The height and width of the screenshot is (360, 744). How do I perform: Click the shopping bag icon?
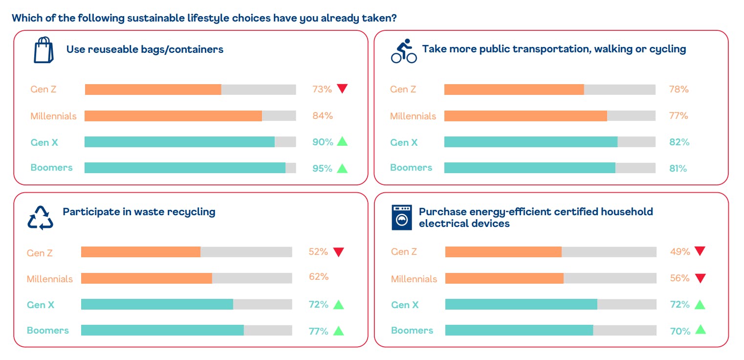pyautogui.click(x=43, y=50)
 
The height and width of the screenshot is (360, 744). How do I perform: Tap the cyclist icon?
pyautogui.click(x=404, y=51)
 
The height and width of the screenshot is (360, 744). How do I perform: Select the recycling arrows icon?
pyautogui.click(x=40, y=218)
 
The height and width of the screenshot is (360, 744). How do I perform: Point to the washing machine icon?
pyautogui.click(x=402, y=218)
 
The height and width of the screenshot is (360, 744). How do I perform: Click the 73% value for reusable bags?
pyautogui.click(x=322, y=90)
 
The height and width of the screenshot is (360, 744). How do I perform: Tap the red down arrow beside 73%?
pyautogui.click(x=342, y=89)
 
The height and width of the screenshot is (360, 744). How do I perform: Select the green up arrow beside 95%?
pyautogui.click(x=342, y=168)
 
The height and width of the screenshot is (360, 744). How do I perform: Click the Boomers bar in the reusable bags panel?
pyautogui.click(x=185, y=168)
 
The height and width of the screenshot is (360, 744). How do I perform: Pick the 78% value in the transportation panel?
pyautogui.click(x=678, y=90)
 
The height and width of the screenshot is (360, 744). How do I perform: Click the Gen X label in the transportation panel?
pyautogui.click(x=404, y=142)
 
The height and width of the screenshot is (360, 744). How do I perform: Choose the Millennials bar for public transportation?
pyautogui.click(x=525, y=116)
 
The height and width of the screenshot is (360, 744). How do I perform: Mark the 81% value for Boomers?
pyautogui.click(x=678, y=168)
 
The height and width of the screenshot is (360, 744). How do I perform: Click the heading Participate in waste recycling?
pyautogui.click(x=139, y=212)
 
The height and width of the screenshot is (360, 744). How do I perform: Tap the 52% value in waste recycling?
pyautogui.click(x=318, y=252)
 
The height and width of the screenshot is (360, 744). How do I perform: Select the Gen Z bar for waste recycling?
pyautogui.click(x=141, y=252)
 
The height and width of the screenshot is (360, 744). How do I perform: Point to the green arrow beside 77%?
pyautogui.click(x=339, y=331)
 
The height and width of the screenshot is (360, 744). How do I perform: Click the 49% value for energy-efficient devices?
pyautogui.click(x=680, y=252)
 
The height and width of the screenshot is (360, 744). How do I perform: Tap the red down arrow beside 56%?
pyautogui.click(x=700, y=278)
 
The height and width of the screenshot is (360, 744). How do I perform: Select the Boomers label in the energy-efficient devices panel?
pyautogui.click(x=412, y=331)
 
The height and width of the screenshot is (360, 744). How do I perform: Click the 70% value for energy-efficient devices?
pyautogui.click(x=680, y=331)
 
